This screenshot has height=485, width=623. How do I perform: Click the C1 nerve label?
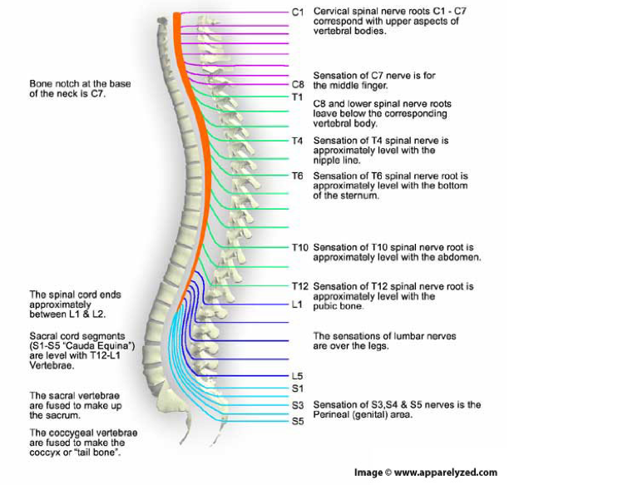tap(298, 12)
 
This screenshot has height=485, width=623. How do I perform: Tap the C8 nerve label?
tap(298, 84)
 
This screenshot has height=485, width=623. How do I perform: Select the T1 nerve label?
tap(297, 97)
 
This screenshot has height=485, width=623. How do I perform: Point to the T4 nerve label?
tap(297, 141)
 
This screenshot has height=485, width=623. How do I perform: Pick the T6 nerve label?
tap(297, 176)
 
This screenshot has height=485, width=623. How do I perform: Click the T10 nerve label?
tap(299, 247)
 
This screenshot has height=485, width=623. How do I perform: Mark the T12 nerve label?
tap(299, 286)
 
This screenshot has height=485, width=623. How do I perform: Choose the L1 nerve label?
tap(297, 304)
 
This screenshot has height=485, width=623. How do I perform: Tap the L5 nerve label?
tap(297, 375)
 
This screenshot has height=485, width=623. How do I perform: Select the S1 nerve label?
tap(297, 388)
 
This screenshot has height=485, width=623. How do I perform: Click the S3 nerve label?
tap(297, 405)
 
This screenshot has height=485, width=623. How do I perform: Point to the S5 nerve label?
tap(297, 421)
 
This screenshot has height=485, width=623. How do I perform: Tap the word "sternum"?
tap(361, 196)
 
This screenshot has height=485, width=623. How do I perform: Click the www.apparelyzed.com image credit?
tap(445, 473)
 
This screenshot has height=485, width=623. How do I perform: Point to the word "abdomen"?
tap(461, 257)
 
